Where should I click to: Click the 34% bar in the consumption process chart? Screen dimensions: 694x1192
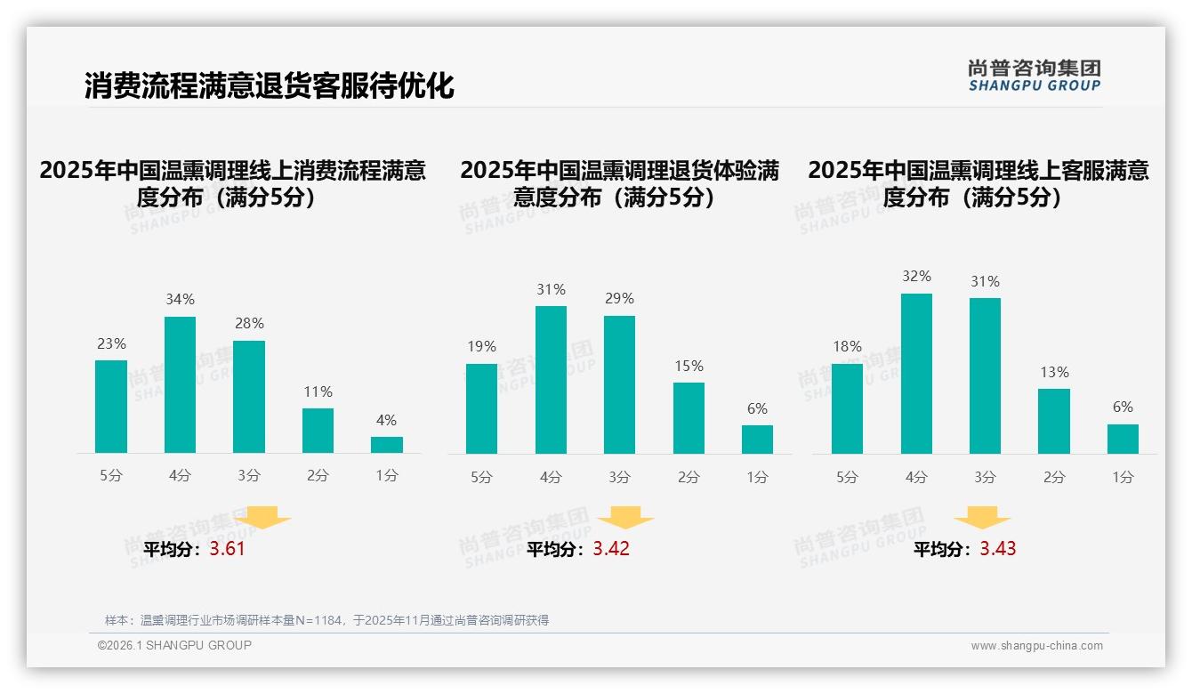[180, 384]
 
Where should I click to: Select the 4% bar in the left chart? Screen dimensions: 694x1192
[387, 445]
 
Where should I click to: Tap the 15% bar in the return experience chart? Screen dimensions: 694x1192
[689, 418]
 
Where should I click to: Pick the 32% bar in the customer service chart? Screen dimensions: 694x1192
[916, 374]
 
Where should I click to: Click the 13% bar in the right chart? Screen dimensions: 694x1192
[1054, 421]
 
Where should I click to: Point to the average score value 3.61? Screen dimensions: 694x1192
[227, 549]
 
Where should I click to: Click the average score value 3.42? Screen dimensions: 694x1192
[611, 549]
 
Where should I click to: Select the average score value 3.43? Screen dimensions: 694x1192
[998, 549]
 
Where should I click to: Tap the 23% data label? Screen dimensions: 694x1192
[111, 343]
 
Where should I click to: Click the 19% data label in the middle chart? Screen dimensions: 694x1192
[481, 347]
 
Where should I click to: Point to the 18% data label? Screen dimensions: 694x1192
[847, 347]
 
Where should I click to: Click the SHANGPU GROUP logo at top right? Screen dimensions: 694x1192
[1034, 76]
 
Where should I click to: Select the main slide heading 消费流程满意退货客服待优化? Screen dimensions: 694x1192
[270, 85]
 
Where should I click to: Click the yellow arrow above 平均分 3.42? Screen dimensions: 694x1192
[625, 519]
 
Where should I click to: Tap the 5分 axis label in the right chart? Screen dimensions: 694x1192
[847, 478]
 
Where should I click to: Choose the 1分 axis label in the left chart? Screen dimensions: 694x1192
[387, 476]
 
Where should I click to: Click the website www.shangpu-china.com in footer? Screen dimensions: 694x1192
[1036, 646]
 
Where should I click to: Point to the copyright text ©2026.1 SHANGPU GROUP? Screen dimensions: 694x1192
[174, 645]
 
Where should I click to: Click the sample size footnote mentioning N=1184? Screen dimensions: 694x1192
[326, 620]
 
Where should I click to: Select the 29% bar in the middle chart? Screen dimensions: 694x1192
[619, 384]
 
